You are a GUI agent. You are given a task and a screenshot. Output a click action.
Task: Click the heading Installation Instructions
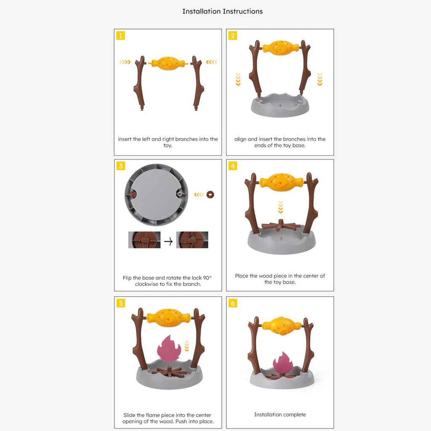[x=222, y=11]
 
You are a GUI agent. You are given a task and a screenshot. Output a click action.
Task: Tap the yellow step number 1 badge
[x=121, y=36]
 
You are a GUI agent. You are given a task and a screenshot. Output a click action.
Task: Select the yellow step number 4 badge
[x=233, y=166]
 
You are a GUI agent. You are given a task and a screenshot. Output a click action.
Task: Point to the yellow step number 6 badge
[x=233, y=303]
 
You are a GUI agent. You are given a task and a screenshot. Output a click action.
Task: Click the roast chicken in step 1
[x=168, y=64]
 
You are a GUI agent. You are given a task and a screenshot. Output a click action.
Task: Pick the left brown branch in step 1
[x=140, y=83]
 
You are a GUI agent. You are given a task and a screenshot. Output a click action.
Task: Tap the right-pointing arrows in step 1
[x=125, y=62]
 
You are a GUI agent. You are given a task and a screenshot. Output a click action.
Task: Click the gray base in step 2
[x=280, y=105]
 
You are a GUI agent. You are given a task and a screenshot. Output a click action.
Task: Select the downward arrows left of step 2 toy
[x=238, y=79]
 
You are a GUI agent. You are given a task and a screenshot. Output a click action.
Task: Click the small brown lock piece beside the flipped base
[x=210, y=194]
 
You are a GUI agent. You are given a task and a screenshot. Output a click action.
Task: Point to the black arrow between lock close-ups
[x=168, y=241]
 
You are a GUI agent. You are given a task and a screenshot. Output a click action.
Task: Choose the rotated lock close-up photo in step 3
[x=192, y=239]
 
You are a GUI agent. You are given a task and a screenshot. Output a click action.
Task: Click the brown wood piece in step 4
[x=281, y=226]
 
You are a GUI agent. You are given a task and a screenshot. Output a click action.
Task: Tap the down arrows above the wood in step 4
[x=280, y=207]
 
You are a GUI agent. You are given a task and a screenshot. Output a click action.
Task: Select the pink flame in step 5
[x=169, y=349]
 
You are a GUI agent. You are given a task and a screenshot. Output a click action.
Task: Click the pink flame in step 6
[x=282, y=362]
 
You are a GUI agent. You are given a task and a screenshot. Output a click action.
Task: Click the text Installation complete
[x=280, y=415]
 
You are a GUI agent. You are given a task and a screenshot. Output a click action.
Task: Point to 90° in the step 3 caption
[x=207, y=278]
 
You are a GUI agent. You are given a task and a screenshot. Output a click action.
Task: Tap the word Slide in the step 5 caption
[x=129, y=415]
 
